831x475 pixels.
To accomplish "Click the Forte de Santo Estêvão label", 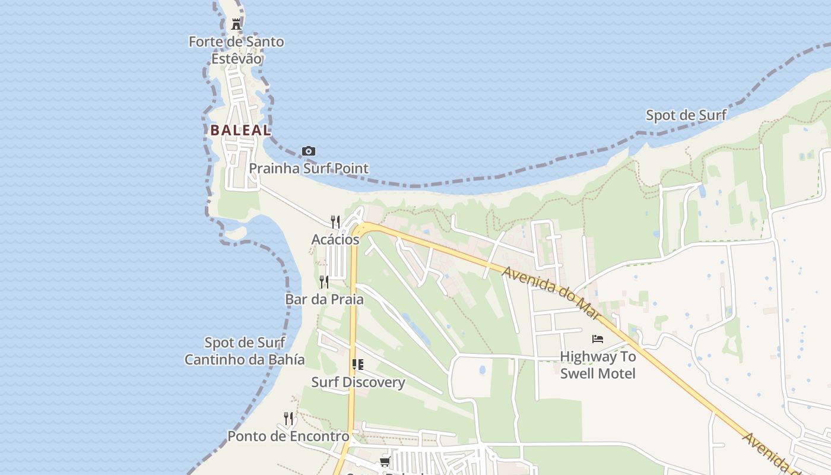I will click(236, 50).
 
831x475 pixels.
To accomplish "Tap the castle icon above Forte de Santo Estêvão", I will click(236, 24).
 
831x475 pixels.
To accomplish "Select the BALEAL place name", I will click(240, 130).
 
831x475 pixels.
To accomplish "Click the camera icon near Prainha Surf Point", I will click(309, 151).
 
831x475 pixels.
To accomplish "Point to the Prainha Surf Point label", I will click(309, 169).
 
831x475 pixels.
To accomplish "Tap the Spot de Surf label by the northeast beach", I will click(686, 115).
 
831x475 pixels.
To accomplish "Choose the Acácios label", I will click(335, 239).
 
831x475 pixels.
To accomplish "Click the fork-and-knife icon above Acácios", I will click(335, 222).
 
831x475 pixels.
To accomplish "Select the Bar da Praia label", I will click(324, 299).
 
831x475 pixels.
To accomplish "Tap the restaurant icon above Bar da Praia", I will click(324, 281).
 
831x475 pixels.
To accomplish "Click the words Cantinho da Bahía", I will click(245, 360).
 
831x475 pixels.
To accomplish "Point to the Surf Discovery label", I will click(358, 382).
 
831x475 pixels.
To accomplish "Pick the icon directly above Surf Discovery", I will click(357, 365).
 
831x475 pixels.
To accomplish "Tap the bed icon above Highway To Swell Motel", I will click(598, 339).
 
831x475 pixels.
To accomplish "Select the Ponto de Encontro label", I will click(288, 436).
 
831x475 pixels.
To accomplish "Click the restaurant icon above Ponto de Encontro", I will click(288, 419).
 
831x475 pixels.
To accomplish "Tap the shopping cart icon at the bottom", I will click(385, 461).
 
